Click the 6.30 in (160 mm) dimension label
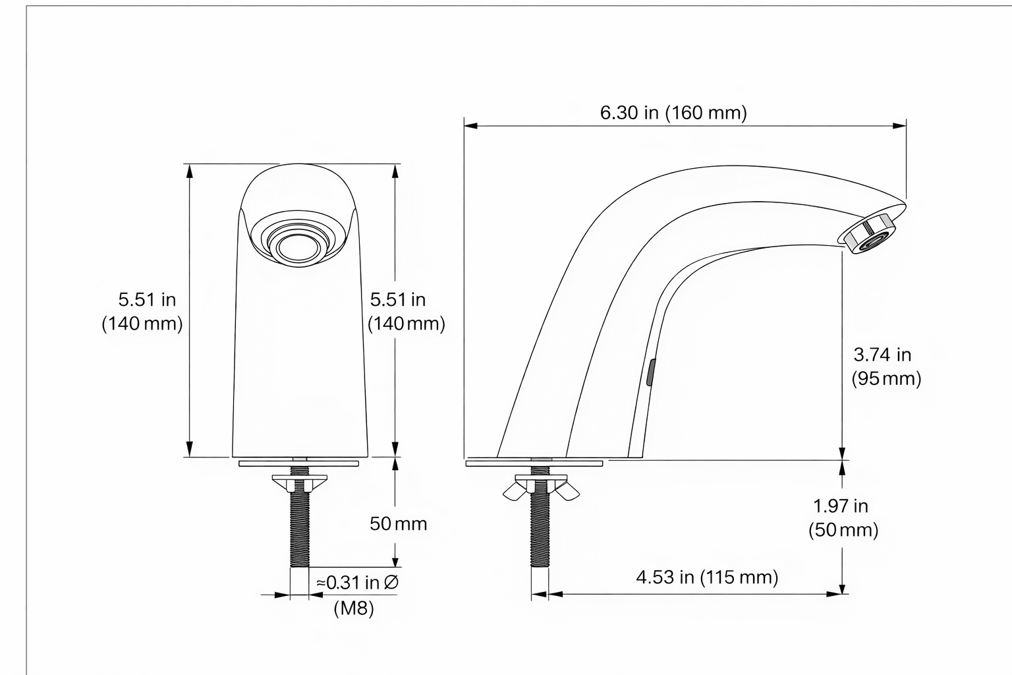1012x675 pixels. click(x=673, y=113)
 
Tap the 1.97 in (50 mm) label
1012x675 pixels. click(x=843, y=518)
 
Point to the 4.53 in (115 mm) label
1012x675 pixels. click(x=707, y=577)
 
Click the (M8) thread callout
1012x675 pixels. click(x=354, y=608)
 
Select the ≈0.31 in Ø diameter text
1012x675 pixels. click(x=356, y=583)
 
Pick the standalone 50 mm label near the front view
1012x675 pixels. click(x=398, y=524)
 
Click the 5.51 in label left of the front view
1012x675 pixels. click(x=147, y=300)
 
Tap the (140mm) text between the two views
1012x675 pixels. click(x=406, y=324)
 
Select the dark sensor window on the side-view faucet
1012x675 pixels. click(x=650, y=372)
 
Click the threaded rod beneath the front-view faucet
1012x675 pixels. click(x=300, y=527)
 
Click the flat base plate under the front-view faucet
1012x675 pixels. click(x=300, y=463)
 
